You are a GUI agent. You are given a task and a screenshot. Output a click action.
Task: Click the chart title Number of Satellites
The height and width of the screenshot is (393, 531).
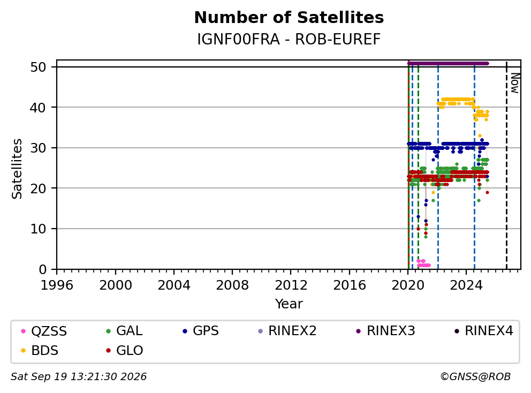[x=289, y=18]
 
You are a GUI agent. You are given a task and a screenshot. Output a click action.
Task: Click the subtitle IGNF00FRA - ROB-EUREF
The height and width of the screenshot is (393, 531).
[x=289, y=40]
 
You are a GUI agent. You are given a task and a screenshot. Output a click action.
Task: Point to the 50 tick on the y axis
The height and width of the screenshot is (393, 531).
[x=38, y=67]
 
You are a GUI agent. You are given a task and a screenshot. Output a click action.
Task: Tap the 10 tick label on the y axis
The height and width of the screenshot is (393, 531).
[x=38, y=229]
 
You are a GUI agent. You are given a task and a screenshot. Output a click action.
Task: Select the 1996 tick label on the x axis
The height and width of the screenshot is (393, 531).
[x=57, y=285]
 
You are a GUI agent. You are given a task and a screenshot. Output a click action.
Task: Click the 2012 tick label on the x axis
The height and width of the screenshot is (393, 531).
[x=291, y=285]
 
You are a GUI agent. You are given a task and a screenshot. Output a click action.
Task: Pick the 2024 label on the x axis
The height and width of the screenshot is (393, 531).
[x=466, y=285]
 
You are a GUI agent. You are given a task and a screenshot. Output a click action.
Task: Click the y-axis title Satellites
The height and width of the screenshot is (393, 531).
[x=17, y=169]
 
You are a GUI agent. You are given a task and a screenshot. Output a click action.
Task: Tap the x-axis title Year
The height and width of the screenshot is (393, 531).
[x=289, y=304]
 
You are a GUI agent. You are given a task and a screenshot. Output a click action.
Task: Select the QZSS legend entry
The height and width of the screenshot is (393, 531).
[x=44, y=331]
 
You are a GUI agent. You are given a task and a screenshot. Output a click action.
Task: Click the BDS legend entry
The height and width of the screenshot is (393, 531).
[x=40, y=351]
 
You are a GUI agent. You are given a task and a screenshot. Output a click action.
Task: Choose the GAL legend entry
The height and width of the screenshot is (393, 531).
[x=124, y=331]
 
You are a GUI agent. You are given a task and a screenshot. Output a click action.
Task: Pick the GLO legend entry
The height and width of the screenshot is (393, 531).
[x=124, y=351]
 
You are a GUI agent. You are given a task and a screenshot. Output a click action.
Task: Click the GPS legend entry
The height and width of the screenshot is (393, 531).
[x=201, y=331]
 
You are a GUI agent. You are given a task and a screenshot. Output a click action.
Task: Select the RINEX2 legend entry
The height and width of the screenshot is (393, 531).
[x=287, y=331]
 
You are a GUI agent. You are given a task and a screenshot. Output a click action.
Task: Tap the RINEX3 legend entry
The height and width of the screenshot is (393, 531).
[x=386, y=331]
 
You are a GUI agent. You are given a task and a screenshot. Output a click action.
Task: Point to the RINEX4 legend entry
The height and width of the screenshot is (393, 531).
[x=483, y=331]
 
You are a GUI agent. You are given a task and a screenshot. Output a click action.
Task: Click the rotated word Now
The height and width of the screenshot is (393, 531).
[x=515, y=83]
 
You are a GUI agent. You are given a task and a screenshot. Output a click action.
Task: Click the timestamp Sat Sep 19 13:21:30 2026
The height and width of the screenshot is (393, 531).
[x=79, y=377]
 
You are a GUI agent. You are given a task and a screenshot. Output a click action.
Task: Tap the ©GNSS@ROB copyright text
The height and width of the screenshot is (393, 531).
[x=475, y=377]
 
